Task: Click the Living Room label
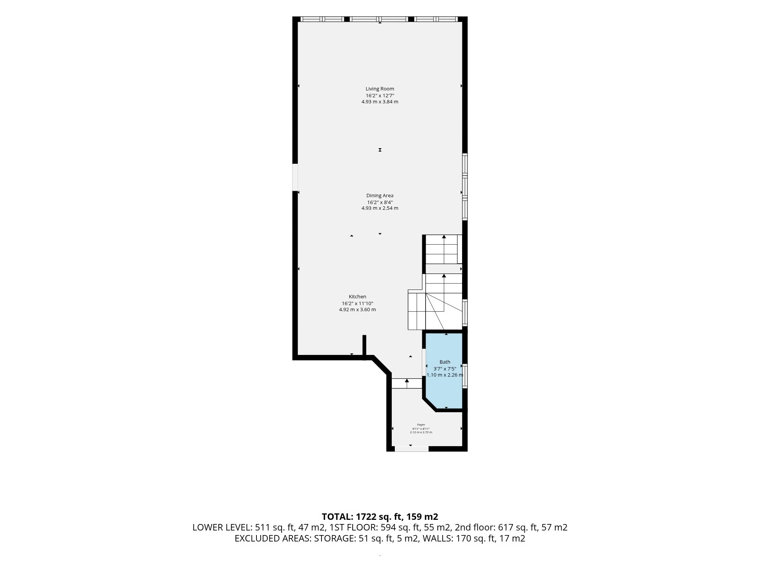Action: (380, 89)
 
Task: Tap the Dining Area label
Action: (380, 196)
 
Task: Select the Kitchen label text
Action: (358, 297)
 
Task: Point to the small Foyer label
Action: (421, 425)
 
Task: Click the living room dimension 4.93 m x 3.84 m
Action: (380, 102)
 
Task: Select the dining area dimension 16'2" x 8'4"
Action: (380, 203)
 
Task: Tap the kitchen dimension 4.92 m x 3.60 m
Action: (358, 310)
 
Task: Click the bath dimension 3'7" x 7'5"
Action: (445, 369)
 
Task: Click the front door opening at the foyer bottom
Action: (412, 449)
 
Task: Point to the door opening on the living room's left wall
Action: (295, 177)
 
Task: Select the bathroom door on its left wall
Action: (424, 362)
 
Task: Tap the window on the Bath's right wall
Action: (465, 375)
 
